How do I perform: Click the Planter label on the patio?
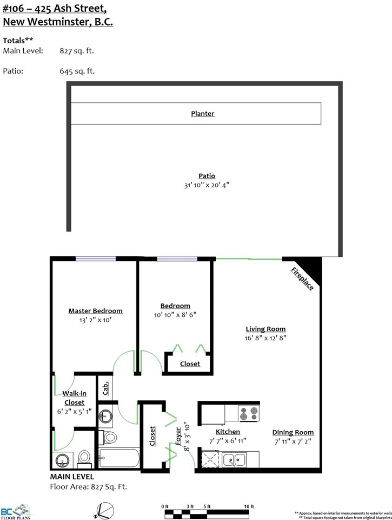203,113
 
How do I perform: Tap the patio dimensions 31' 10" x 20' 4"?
207,185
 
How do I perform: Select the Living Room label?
265,329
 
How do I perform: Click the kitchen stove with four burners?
249,413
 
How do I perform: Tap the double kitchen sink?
234,460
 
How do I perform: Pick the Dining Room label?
293,432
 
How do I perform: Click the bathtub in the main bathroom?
119,458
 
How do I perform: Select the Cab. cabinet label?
105,388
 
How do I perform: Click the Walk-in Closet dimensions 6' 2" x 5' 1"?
75,412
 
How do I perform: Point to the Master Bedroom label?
95,311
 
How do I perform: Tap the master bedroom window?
96,259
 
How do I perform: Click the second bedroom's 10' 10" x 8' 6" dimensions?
175,315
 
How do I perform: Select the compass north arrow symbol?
104,511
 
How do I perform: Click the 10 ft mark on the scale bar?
249,506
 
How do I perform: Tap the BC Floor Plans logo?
16,511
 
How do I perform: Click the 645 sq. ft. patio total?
77,71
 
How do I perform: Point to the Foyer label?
178,435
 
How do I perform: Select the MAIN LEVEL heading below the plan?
72,477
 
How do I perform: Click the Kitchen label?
228,432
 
